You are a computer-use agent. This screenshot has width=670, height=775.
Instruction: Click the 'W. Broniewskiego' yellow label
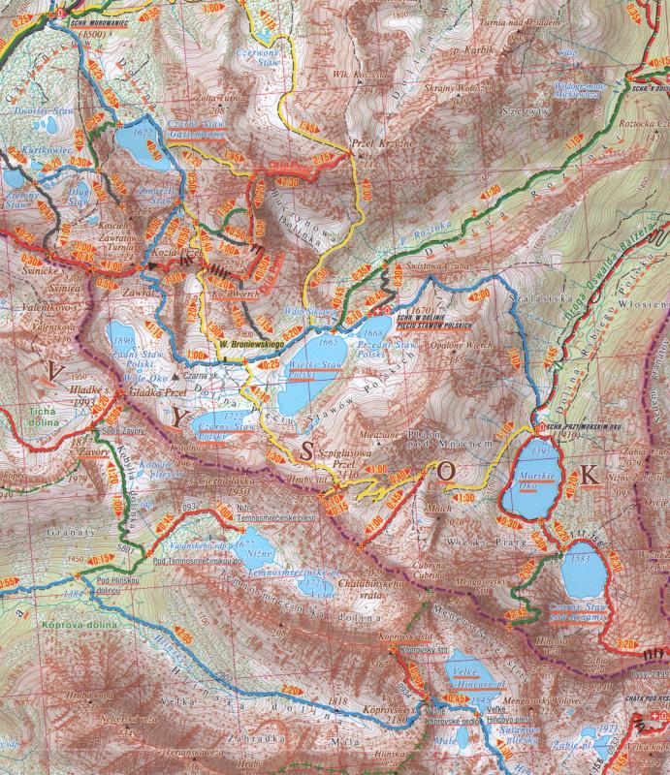click(248, 342)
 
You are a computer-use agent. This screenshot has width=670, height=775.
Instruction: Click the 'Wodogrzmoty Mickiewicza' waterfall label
click(577, 90)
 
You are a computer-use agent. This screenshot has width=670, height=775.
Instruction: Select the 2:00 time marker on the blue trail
click(480, 295)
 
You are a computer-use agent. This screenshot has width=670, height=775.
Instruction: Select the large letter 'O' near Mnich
click(445, 471)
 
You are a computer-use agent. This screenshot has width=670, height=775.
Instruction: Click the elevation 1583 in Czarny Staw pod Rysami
click(581, 559)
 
